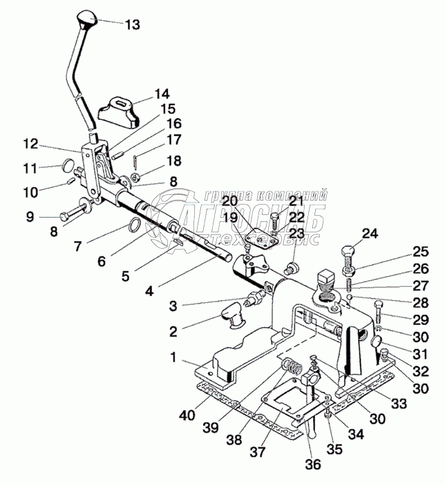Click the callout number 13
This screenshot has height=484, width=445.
(132, 25)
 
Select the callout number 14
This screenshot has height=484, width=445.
(161, 93)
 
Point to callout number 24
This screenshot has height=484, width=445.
(370, 234)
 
